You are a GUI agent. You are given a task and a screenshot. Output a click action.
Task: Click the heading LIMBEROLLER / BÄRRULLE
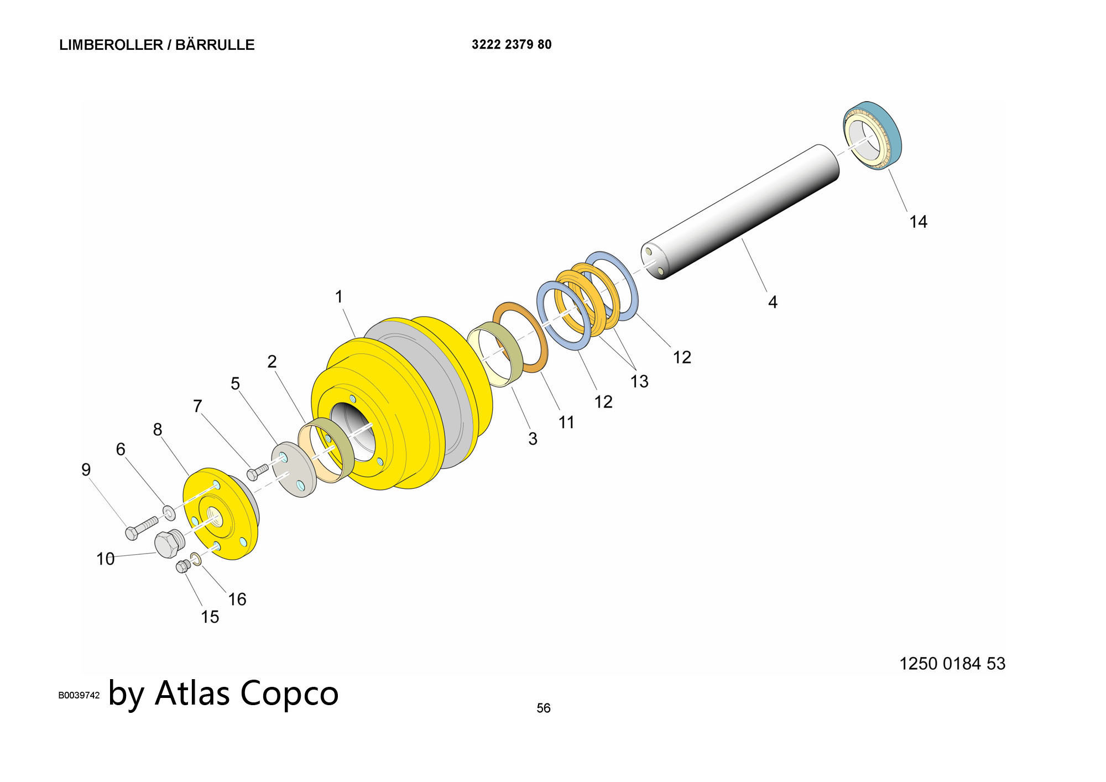pos(156,45)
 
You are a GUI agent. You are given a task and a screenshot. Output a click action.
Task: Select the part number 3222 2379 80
pos(512,44)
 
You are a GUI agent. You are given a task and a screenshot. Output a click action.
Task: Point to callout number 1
pos(339,297)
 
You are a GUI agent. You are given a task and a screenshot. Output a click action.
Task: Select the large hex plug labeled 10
pos(168,543)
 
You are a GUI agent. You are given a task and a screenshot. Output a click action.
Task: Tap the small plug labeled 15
pos(183,566)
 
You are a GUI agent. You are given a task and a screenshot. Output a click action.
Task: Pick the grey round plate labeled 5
pos(294,469)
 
